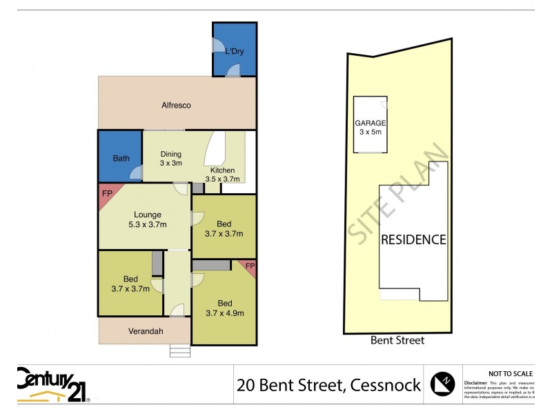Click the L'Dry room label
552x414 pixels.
pyautogui.click(x=233, y=51)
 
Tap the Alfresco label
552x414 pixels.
pyautogui.click(x=176, y=106)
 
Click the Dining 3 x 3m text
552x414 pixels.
pyautogui.click(x=170, y=159)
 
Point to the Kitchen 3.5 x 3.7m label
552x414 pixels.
pyautogui.click(x=224, y=175)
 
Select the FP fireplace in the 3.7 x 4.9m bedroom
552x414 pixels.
pyautogui.click(x=250, y=266)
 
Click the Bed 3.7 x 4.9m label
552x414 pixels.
pyautogui.click(x=224, y=308)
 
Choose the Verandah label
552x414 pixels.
pyautogui.click(x=146, y=331)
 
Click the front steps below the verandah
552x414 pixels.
pyautogui.click(x=179, y=351)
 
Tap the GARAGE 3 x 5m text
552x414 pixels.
pyautogui.click(x=371, y=127)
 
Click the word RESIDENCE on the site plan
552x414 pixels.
pyautogui.click(x=413, y=240)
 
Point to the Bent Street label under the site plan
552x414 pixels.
pyautogui.click(x=397, y=340)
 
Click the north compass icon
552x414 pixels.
pyautogui.click(x=443, y=383)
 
